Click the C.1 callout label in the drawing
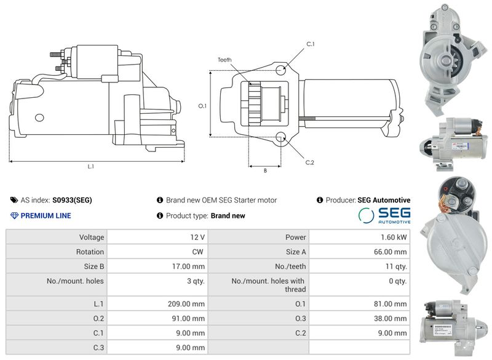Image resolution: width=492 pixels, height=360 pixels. click(x=311, y=44)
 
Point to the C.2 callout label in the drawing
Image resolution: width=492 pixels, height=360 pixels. click(x=310, y=162)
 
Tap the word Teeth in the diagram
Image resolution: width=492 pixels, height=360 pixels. click(x=224, y=60)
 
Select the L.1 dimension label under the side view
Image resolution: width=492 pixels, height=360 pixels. click(x=90, y=167)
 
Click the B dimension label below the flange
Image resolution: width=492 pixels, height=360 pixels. click(x=265, y=170)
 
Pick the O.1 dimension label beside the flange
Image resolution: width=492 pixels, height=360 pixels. click(x=202, y=106)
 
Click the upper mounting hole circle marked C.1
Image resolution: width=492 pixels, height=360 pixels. click(x=281, y=70)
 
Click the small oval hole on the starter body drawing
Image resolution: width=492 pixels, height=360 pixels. click(x=39, y=118)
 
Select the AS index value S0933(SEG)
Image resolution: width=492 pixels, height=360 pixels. click(x=72, y=200)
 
